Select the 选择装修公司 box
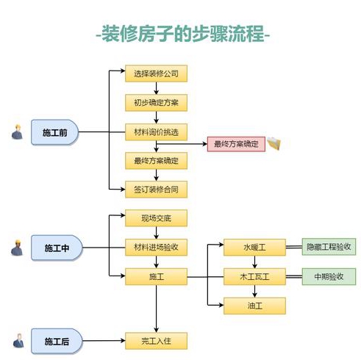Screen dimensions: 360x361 pos(156,73)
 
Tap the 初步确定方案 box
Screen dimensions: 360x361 pos(156,102)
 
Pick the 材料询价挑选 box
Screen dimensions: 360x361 pos(156,132)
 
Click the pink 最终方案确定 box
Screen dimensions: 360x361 pos(235,144)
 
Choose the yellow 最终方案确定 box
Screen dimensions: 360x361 pos(156,160)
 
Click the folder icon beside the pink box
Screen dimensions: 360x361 pos(274,143)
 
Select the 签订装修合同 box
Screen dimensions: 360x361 pos(156,190)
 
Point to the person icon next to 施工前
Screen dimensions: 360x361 pos(16,133)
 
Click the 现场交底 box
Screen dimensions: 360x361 pos(156,218)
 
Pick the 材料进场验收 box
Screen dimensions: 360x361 pos(156,247)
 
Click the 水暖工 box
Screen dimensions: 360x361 pos(254,248)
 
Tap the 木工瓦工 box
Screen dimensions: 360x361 pos(254,276)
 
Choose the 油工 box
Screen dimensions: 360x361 pos(254,305)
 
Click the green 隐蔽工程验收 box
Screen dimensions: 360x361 pos(329,247)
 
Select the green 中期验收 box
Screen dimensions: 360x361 pos(329,276)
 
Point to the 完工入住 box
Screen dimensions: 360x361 pos(156,341)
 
